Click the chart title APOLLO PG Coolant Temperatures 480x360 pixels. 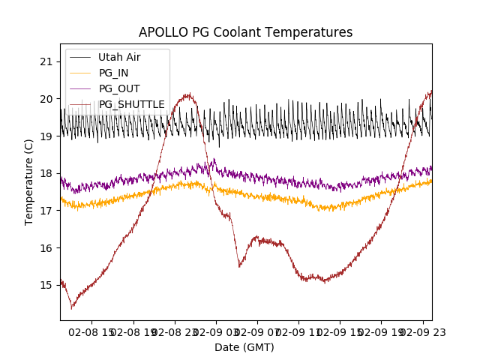point(245,32)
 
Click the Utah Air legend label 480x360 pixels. point(119,57)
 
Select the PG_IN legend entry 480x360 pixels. point(113,73)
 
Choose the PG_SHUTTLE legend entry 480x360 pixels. point(131,104)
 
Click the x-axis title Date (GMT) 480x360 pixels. point(244,347)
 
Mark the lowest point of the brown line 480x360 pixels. point(72,307)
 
